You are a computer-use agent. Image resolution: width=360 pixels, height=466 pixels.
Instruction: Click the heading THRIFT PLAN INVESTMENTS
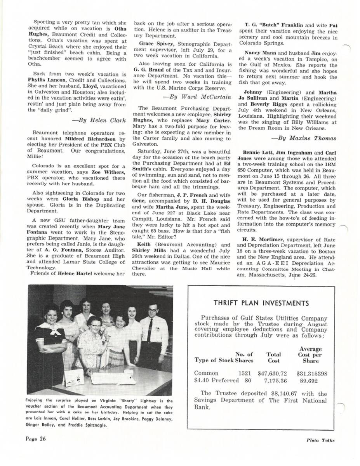pyautogui.click(x=261, y=303)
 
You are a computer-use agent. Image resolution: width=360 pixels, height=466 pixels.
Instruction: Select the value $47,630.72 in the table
pyautogui.click(x=272, y=374)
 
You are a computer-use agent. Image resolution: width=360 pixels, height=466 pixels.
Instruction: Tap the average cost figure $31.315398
pyautogui.click(x=312, y=374)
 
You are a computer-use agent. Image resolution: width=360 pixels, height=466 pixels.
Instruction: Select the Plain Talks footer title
pyautogui.click(x=320, y=440)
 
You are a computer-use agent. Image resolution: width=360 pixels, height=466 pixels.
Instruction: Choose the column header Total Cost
pyautogui.click(x=274, y=357)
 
